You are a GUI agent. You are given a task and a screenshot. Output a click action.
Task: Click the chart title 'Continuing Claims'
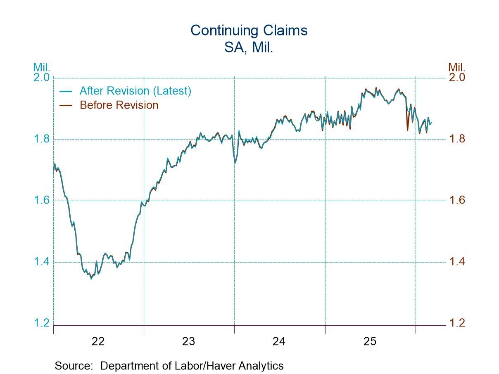[249, 30]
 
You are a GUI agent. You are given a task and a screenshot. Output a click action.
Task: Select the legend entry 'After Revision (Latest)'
[135, 90]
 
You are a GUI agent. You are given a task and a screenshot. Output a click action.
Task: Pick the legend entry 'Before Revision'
[119, 105]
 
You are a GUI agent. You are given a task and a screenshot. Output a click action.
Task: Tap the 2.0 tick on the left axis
[41, 77]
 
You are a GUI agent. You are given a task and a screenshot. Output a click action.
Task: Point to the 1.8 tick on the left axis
[41, 139]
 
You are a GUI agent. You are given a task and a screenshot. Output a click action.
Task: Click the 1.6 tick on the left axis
[41, 200]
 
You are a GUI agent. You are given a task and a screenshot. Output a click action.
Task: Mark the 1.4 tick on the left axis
[41, 262]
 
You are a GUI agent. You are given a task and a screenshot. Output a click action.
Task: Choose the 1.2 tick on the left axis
[41, 323]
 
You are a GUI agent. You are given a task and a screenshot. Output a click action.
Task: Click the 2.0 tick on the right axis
[457, 77]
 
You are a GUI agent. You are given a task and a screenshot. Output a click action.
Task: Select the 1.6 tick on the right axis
[457, 200]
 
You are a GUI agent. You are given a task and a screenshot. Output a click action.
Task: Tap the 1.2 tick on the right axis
[457, 323]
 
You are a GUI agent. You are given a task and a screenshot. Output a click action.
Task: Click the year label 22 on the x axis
[98, 341]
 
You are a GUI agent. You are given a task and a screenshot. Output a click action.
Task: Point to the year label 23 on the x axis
[189, 341]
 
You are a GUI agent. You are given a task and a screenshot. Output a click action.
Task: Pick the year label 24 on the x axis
[279, 341]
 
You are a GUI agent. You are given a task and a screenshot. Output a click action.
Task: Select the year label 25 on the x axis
[370, 341]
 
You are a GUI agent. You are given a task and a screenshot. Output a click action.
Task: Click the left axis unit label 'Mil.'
[42, 67]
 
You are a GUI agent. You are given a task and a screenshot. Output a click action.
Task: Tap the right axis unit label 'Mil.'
[457, 67]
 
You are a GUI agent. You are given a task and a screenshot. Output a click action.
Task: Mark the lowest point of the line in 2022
[91, 279]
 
